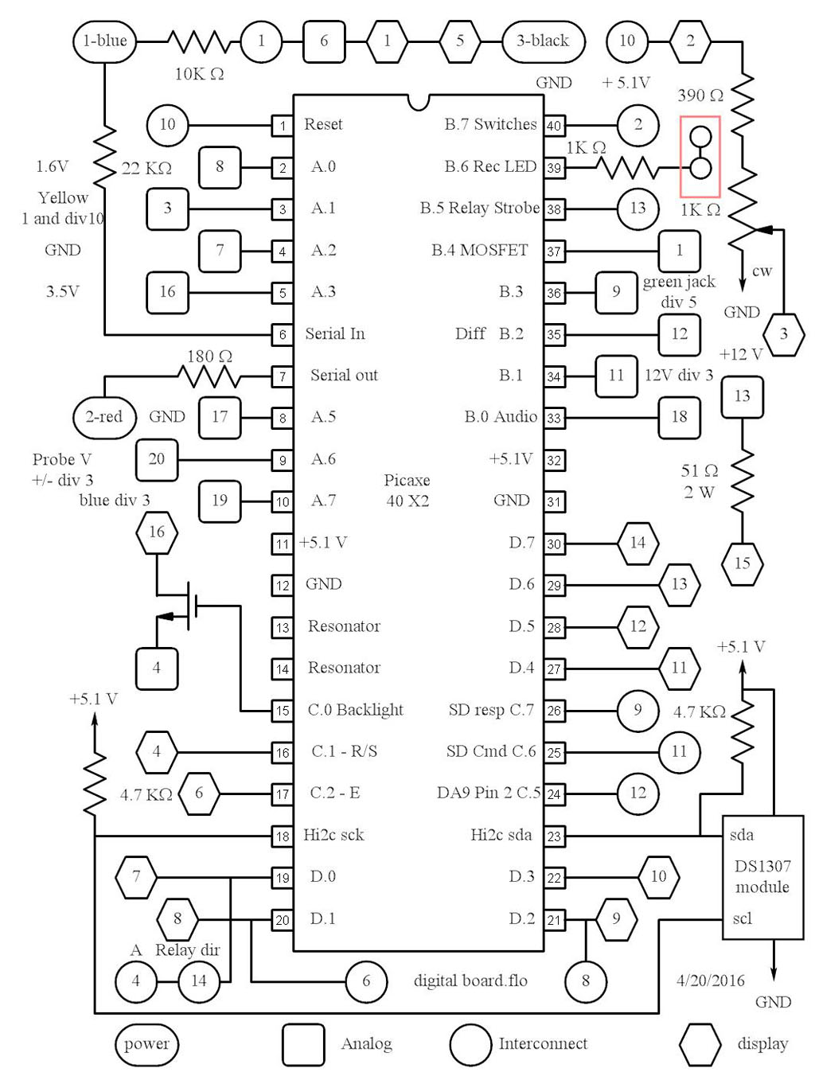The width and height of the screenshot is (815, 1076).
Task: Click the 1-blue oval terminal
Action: click(x=104, y=41)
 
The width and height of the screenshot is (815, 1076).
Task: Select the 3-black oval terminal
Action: click(x=544, y=41)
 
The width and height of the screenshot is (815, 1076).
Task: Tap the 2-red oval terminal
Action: click(x=104, y=416)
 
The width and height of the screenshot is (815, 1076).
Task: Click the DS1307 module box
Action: click(x=762, y=877)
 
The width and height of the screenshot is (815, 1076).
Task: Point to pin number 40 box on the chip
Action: click(x=554, y=125)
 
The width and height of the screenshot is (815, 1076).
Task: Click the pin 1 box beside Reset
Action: click(x=283, y=125)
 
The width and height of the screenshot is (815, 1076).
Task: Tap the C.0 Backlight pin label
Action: click(x=355, y=710)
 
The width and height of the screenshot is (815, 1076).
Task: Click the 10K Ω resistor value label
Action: click(x=199, y=74)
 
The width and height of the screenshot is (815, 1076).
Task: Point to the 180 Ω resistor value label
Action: click(x=209, y=356)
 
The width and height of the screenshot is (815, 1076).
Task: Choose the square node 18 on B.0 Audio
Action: click(x=679, y=417)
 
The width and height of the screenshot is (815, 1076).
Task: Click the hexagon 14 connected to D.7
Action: click(x=638, y=543)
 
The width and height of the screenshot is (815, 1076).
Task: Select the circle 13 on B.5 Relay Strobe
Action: click(x=638, y=209)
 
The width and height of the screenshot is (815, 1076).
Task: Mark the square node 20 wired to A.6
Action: click(x=157, y=459)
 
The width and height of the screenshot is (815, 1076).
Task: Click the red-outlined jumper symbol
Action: click(x=700, y=156)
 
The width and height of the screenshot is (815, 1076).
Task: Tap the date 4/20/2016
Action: click(x=710, y=980)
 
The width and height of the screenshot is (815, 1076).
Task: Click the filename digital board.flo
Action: click(x=470, y=980)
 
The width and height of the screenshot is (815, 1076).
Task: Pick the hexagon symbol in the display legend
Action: click(x=700, y=1044)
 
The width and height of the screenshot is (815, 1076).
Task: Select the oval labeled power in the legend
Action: click(x=146, y=1044)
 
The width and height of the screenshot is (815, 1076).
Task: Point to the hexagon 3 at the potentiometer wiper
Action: click(x=783, y=333)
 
